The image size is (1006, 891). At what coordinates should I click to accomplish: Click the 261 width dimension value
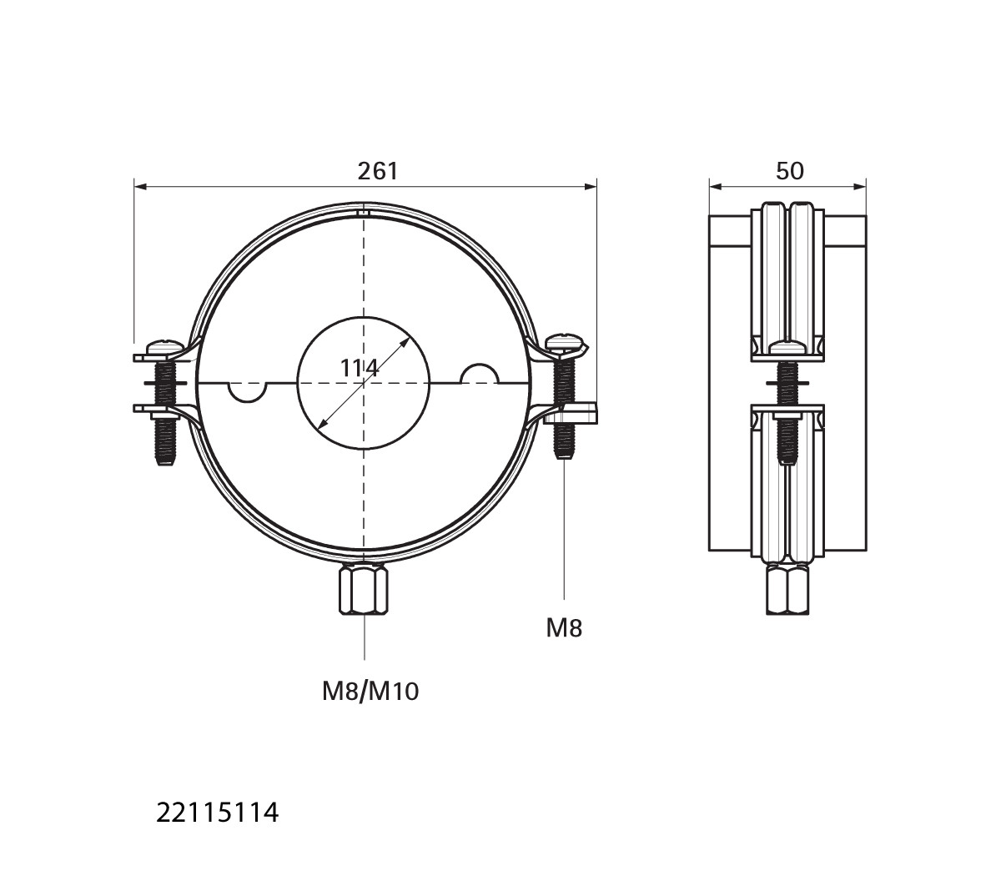[378, 171]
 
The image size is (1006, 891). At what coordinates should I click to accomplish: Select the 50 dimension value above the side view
[789, 171]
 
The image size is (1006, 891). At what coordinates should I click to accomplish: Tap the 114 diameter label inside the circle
[360, 368]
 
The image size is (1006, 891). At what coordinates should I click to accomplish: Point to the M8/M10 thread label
[370, 692]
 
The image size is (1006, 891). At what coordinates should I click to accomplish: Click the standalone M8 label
[564, 629]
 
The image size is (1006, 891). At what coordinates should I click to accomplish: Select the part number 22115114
[218, 813]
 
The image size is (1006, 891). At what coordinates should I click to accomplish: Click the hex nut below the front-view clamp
[364, 591]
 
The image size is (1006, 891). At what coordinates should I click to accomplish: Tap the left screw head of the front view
[165, 347]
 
